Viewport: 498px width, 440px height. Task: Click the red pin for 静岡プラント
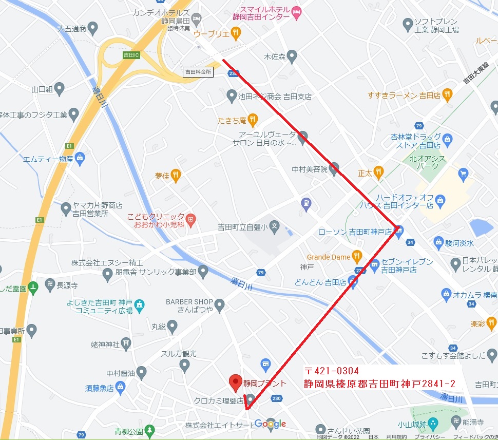pyautogui.click(x=235, y=381)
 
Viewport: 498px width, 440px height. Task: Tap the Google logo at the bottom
pyautogui.click(x=270, y=424)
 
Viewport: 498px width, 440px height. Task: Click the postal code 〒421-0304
pyautogui.click(x=331, y=371)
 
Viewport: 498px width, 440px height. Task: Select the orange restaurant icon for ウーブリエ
pyautogui.click(x=236, y=33)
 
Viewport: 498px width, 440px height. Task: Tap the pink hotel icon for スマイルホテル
pyautogui.click(x=296, y=11)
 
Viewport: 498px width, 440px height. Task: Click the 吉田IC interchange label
pyautogui.click(x=131, y=54)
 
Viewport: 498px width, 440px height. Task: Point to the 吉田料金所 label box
pyautogui.click(x=198, y=72)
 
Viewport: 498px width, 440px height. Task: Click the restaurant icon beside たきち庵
pyautogui.click(x=252, y=120)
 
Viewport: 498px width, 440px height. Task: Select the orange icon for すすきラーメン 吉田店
pyautogui.click(x=447, y=94)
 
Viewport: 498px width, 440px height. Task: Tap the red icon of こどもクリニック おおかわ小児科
pyautogui.click(x=191, y=221)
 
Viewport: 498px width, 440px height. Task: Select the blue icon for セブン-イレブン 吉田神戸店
pyautogui.click(x=375, y=265)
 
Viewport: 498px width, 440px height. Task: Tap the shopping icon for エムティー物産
pyautogui.click(x=80, y=158)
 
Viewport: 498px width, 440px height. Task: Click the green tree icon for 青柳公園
pyautogui.click(x=149, y=429)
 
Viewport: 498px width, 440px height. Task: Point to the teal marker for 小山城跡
pyautogui.click(x=433, y=424)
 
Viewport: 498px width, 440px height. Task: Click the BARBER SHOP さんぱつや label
pyautogui.click(x=189, y=305)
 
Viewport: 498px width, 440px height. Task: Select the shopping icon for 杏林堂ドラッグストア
pyautogui.click(x=447, y=139)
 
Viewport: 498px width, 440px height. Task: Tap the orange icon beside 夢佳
pyautogui.click(x=176, y=176)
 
